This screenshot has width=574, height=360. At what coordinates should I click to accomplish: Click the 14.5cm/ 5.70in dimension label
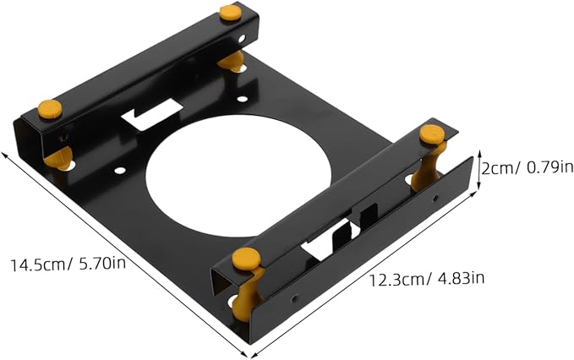tap(68, 264)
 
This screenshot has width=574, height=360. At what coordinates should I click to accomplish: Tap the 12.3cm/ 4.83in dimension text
tap(426, 280)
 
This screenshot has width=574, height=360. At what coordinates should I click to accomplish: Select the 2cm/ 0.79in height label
tap(528, 168)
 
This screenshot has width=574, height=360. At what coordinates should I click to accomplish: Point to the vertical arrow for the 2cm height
tap(478, 170)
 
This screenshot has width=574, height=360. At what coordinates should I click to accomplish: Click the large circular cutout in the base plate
tap(238, 177)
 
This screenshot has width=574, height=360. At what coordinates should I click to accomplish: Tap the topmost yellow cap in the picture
tap(230, 13)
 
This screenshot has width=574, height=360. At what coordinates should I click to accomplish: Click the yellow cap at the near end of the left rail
tap(50, 109)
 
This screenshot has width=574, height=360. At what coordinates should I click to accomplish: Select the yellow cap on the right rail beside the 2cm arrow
tap(432, 134)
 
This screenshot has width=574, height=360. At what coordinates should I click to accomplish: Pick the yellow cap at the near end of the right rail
tap(246, 259)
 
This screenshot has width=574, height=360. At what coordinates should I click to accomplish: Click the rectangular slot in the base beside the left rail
tap(152, 114)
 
